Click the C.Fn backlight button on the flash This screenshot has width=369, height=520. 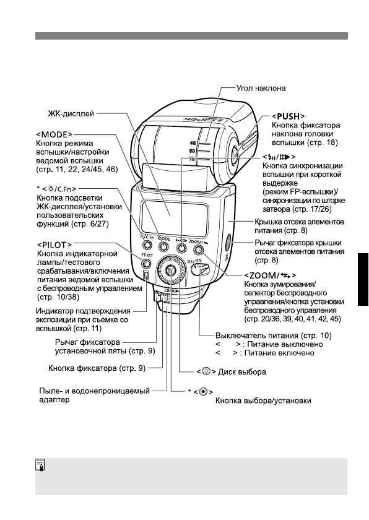point(147,247)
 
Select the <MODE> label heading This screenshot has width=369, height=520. point(54,134)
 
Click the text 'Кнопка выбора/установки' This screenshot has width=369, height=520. point(263,401)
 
